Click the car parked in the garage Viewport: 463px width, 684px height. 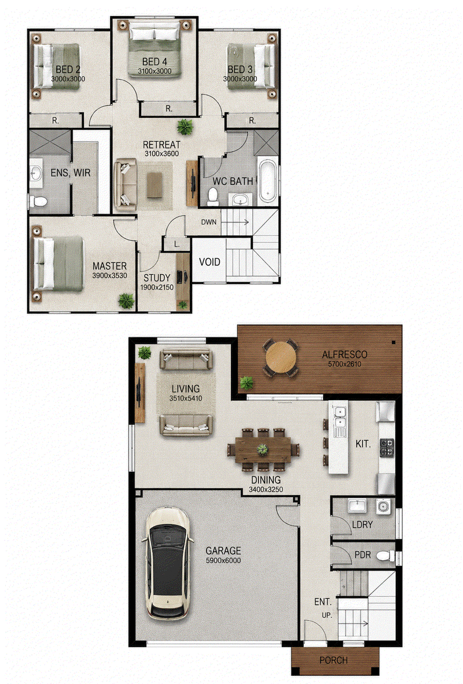click(167, 564)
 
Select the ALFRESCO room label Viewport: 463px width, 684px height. click(344, 354)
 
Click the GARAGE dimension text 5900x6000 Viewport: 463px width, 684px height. click(223, 560)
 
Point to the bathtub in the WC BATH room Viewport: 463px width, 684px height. click(268, 181)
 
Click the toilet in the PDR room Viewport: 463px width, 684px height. click(386, 556)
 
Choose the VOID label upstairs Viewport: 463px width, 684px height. click(210, 262)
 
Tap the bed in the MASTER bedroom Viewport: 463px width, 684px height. click(58, 264)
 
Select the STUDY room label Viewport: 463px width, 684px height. click(157, 278)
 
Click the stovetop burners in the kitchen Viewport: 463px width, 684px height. click(387, 448)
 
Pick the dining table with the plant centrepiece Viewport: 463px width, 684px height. click(263, 450)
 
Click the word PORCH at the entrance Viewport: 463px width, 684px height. click(334, 660)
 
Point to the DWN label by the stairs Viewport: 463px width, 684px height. click(209, 222)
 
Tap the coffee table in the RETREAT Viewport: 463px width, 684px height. click(155, 185)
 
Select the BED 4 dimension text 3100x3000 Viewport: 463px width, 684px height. click(155, 72)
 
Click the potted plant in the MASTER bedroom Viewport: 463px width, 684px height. click(126, 301)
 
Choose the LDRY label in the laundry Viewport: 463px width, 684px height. click(362, 524)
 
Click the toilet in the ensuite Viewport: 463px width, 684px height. click(38, 201)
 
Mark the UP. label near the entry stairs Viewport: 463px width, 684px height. click(327, 616)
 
